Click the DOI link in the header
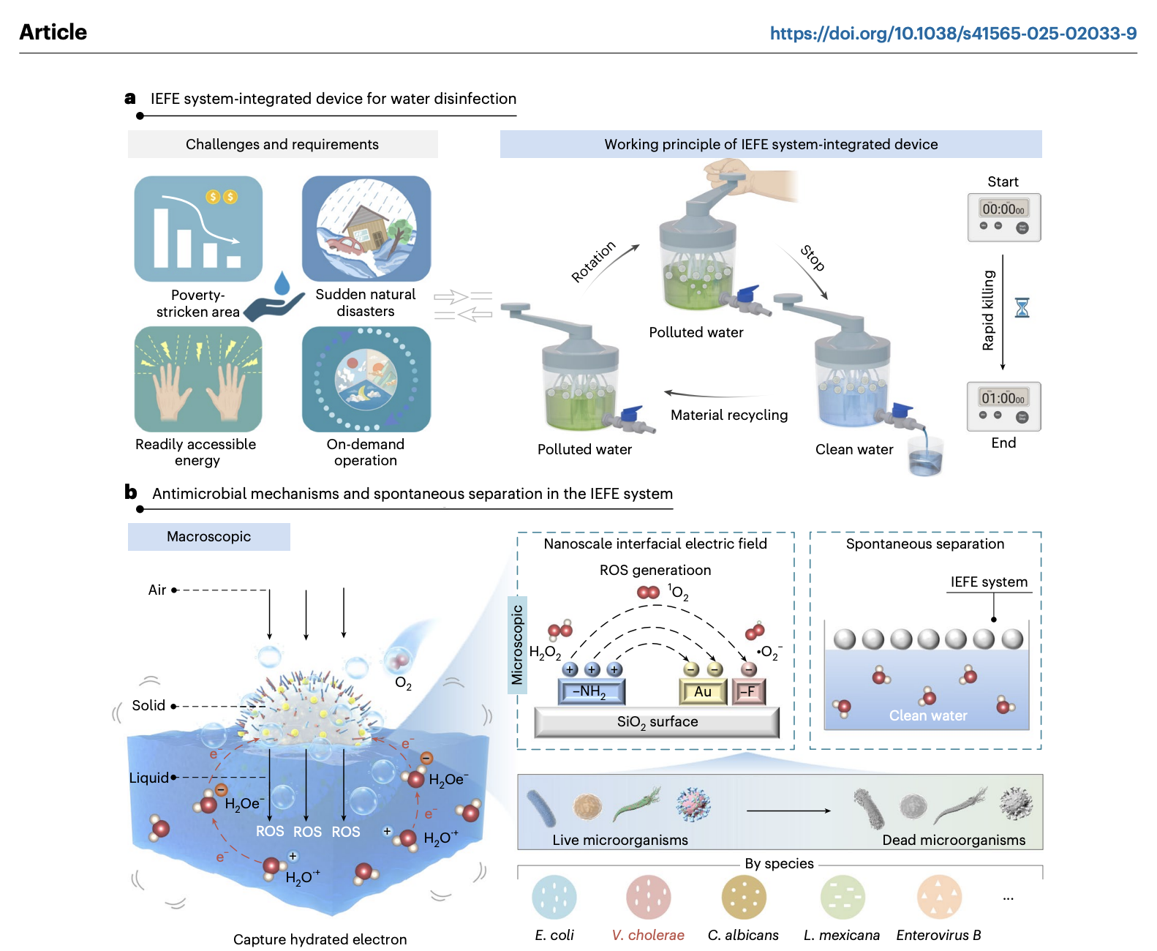[952, 33]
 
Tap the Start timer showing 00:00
[1003, 217]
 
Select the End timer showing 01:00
[1003, 406]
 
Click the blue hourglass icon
[1022, 308]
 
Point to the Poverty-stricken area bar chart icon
[198, 229]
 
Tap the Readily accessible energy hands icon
[198, 379]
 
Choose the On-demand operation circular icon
[366, 379]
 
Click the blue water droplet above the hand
[282, 283]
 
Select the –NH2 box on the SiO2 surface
[591, 691]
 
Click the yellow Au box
[703, 691]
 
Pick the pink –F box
[748, 691]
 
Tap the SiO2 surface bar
[657, 722]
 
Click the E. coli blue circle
[554, 897]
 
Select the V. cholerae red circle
[648, 897]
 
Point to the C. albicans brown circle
[743, 897]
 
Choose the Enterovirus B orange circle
[939, 897]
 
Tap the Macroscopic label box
[209, 537]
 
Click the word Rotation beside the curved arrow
[593, 261]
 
